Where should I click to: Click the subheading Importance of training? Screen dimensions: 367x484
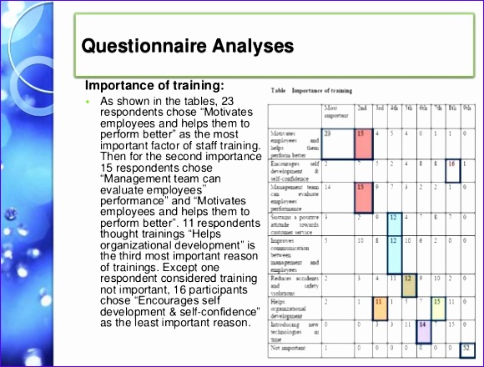155,86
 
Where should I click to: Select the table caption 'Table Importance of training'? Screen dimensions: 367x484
311,90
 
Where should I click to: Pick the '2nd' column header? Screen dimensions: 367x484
361,108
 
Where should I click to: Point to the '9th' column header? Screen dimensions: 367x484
466,108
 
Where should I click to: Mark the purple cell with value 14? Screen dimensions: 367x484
424,326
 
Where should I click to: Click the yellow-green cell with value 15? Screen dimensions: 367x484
438,301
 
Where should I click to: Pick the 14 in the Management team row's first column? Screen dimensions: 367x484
329,189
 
